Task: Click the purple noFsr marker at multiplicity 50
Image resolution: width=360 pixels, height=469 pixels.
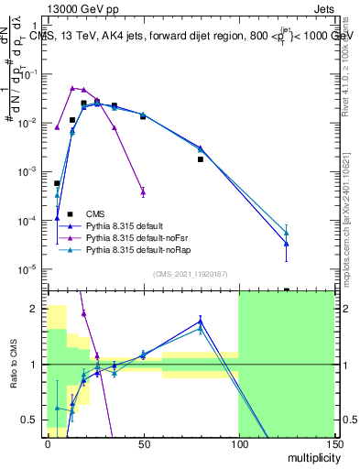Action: pyautogui.click(x=143, y=191)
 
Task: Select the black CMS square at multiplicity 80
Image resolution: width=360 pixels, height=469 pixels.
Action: pyautogui.click(x=200, y=159)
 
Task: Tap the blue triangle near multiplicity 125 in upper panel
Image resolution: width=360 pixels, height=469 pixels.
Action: pyautogui.click(x=286, y=244)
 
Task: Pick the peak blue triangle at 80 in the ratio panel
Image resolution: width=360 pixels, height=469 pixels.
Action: pyautogui.click(x=200, y=322)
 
